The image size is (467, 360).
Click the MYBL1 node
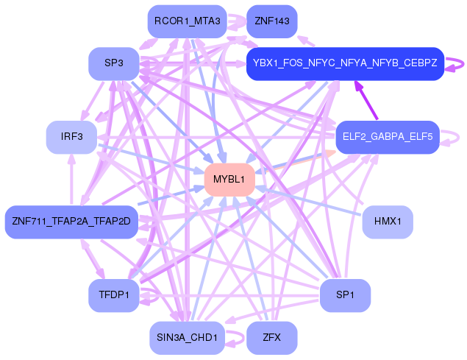tap(229, 180)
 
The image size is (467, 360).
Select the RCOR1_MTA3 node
tap(188, 21)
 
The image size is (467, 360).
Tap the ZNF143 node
tap(272, 21)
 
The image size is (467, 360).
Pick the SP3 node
tap(113, 64)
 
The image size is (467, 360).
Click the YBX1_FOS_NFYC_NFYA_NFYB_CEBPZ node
tap(345, 63)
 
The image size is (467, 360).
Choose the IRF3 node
tap(72, 137)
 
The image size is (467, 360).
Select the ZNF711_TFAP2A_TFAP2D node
tap(71, 222)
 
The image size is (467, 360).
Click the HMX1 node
tap(388, 222)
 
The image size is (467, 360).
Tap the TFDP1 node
tap(114, 295)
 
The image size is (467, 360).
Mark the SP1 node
tap(345, 295)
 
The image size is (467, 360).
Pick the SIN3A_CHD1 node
tap(188, 338)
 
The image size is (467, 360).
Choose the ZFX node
tap(272, 338)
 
